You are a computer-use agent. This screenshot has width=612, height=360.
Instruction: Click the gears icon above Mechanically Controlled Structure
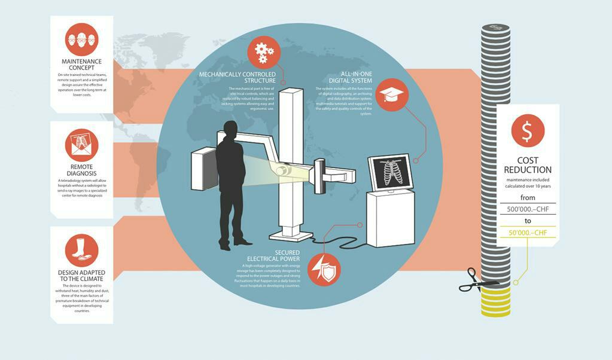(263, 52)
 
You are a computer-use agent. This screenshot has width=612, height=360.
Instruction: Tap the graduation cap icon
(392, 95)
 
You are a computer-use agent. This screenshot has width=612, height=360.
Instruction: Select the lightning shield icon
(324, 270)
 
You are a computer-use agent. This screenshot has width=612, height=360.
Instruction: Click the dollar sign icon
(528, 131)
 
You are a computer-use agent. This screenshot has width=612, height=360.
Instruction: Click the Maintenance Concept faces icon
(81, 39)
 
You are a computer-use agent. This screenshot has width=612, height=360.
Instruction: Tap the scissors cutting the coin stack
(476, 280)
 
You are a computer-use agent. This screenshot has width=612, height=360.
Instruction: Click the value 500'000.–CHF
(528, 210)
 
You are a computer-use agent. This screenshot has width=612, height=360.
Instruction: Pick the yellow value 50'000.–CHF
(528, 233)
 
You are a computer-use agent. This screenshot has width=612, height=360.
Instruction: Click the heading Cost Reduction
(528, 165)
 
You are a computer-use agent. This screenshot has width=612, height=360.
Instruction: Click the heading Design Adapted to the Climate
(81, 276)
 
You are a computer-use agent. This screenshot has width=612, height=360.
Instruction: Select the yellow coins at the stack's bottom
(496, 302)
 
